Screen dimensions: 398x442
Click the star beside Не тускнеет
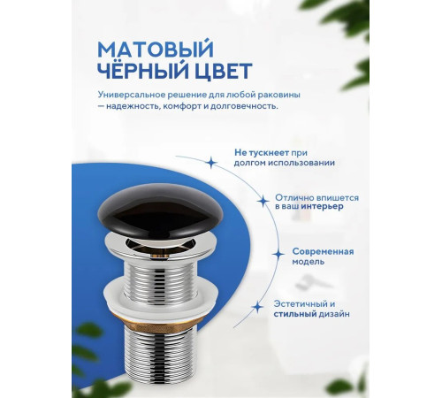[x=210, y=163]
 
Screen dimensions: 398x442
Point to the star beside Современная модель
[x=278, y=254]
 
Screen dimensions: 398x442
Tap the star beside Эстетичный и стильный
[x=257, y=306]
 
